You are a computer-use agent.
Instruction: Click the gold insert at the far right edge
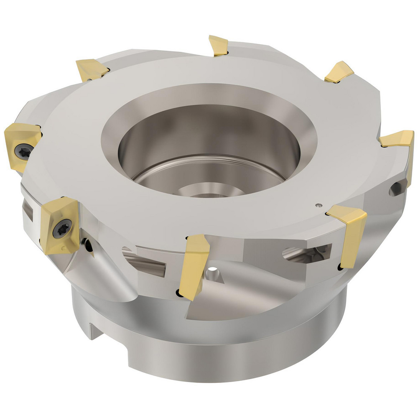(400, 142)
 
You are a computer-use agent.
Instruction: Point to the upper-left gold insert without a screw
(90, 70)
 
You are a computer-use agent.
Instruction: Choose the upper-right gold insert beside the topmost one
(339, 71)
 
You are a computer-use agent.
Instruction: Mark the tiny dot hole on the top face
(319, 205)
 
